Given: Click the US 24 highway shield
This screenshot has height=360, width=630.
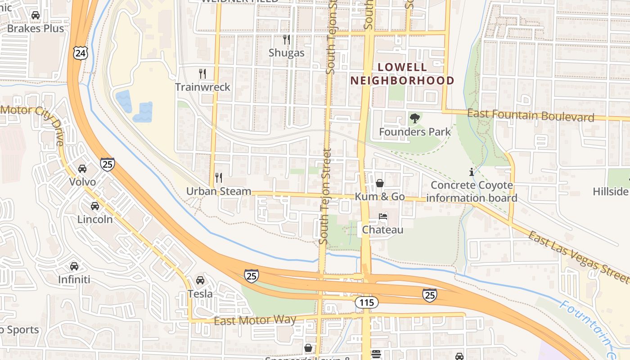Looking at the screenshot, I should coord(80,54).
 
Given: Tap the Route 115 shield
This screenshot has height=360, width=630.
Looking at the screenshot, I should coord(366,302).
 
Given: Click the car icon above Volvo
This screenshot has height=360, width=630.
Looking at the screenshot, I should coord(82,169).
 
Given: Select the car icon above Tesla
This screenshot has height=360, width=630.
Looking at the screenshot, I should coord(200,280).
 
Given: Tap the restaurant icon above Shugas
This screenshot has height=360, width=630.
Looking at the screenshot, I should coord(286,40).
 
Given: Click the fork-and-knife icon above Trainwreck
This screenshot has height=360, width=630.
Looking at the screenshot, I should coord(202,73).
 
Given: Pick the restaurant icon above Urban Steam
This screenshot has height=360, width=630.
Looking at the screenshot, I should coord(219,178).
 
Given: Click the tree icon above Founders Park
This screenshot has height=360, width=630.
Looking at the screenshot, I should coord(414,118).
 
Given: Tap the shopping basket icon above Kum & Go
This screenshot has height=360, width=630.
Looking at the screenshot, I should coord(380,183).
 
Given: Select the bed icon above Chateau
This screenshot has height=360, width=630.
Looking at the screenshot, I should coord(383,216).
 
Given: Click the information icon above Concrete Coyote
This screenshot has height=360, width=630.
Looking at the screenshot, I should coord(471,171).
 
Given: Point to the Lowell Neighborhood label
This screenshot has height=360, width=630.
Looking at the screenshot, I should coord(402,74).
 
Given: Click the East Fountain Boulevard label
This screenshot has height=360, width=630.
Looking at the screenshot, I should coord(531,116).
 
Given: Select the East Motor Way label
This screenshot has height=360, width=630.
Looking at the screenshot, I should coord(255,320).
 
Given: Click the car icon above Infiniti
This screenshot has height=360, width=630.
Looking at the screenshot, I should coord(74,266).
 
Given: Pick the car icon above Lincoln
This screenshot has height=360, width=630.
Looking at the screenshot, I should coord(95,206).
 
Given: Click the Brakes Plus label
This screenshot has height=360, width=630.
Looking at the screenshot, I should coord(36,28).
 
